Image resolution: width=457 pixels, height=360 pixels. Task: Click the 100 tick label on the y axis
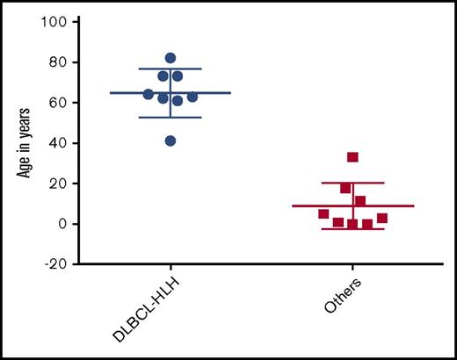[54, 20]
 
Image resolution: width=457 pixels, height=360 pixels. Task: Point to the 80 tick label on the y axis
[58, 61]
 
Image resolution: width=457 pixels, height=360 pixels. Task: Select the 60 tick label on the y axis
[58, 102]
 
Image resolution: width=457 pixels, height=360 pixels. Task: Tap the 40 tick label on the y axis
[58, 142]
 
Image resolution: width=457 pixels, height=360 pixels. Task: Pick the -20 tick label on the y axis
[55, 263]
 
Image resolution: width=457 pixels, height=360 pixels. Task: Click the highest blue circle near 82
[170, 58]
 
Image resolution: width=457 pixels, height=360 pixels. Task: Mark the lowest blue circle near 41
[170, 140]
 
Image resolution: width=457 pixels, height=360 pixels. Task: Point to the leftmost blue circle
[149, 94]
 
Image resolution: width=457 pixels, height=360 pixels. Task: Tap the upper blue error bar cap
[170, 68]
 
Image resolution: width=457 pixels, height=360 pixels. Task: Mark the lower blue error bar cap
[170, 117]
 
